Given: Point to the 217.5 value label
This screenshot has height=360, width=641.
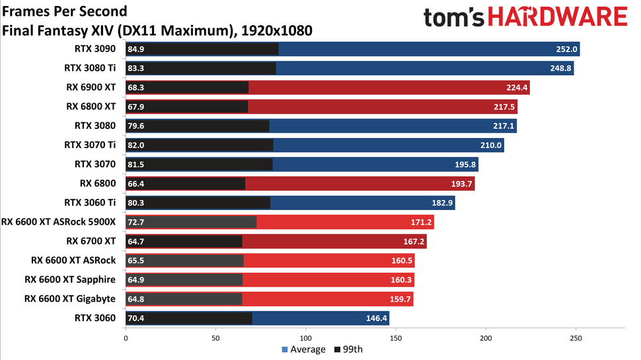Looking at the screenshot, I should (x=506, y=106).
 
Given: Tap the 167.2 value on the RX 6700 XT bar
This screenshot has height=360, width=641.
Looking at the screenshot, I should (x=415, y=241).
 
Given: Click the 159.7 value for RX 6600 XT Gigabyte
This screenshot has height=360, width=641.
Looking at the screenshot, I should (x=402, y=299).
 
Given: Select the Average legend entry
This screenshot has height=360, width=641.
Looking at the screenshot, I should (x=303, y=349).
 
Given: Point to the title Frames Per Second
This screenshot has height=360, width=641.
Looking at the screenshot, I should (x=65, y=12).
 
